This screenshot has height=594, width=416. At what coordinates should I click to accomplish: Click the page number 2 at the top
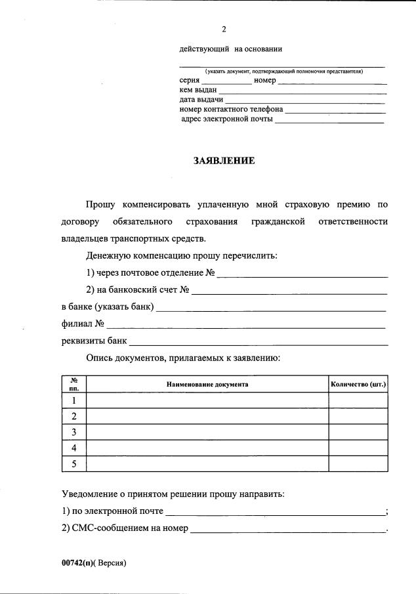(x=224, y=30)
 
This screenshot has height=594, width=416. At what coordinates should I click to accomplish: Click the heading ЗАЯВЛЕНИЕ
(x=224, y=160)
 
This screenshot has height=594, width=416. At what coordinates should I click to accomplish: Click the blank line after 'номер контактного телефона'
(x=335, y=111)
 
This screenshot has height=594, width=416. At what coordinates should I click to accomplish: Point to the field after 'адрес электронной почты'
(x=329, y=121)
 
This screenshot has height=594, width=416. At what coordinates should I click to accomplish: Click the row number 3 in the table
(x=74, y=432)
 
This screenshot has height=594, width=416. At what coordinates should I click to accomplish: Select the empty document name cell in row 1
(x=207, y=400)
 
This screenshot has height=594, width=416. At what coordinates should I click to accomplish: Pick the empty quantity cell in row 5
(x=358, y=464)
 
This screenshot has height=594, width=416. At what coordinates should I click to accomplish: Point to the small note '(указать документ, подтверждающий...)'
(x=283, y=71)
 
